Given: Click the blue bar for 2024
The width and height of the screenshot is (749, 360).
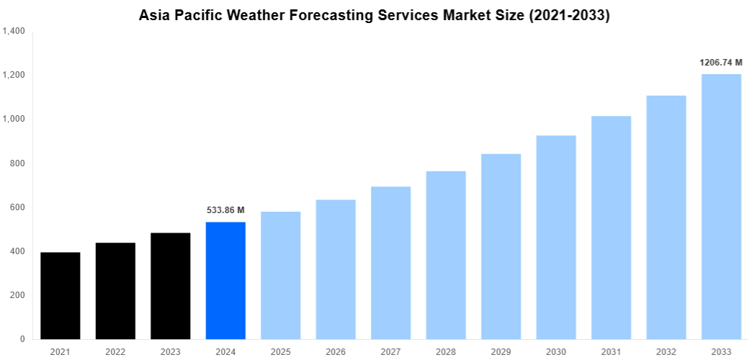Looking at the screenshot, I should (225, 281).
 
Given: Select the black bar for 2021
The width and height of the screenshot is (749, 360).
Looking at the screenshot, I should (60, 296).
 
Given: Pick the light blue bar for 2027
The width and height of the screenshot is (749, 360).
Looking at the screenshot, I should (391, 263).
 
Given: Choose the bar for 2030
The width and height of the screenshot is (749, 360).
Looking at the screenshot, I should (556, 238).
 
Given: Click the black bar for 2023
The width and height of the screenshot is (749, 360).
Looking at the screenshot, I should (171, 286).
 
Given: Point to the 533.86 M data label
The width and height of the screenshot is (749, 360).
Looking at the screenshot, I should (225, 210).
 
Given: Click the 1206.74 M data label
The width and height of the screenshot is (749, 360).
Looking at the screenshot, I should (721, 63).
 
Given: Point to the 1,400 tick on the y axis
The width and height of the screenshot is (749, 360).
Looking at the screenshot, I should (14, 31).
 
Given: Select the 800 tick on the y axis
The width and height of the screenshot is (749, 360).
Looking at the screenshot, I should (17, 163).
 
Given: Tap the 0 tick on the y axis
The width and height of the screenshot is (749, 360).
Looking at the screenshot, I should (22, 339).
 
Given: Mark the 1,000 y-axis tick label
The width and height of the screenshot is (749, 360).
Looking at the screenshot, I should (14, 120).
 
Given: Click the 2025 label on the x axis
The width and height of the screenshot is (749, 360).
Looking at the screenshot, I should (281, 351).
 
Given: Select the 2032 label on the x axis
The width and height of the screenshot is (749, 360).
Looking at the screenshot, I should (666, 351).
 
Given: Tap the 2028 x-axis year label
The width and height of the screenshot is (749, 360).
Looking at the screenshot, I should (446, 351).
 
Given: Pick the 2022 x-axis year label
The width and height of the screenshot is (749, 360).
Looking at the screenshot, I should (115, 351).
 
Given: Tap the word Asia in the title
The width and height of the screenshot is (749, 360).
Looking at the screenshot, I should (155, 15).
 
